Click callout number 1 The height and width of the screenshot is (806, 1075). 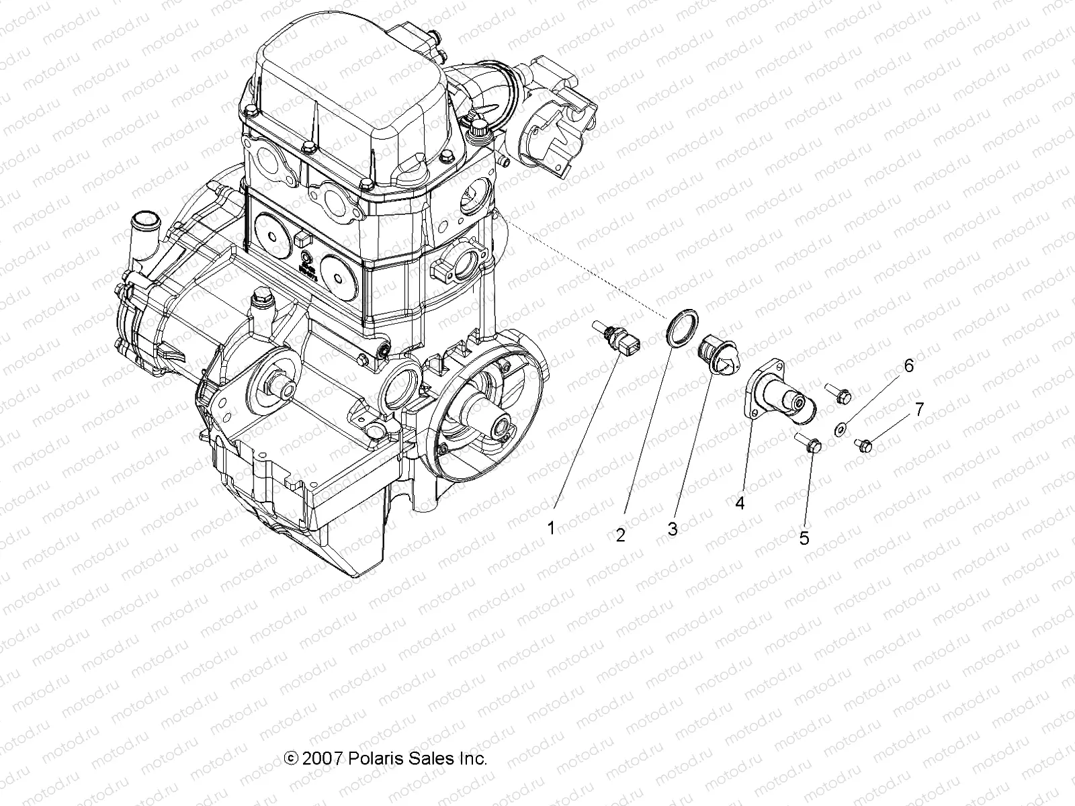[551, 528]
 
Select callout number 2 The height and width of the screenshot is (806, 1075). [620, 535]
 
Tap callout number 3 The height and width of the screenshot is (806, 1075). [672, 529]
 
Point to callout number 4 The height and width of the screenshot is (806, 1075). [740, 502]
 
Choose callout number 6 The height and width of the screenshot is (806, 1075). [908, 366]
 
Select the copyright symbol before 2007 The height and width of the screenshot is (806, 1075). [292, 759]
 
